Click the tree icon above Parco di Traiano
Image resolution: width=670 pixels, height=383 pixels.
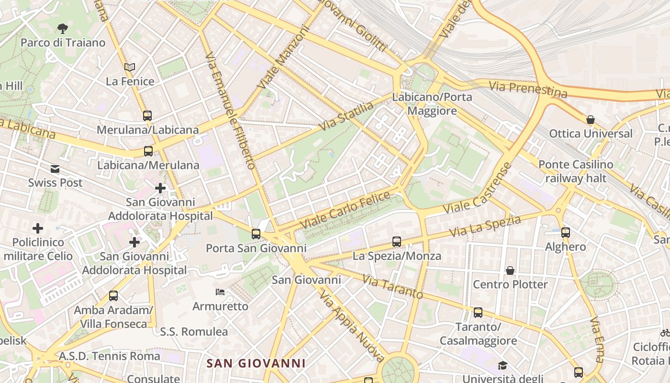pyautogui.click(x=62, y=28)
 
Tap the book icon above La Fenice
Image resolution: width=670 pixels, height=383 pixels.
pyautogui.click(x=130, y=67)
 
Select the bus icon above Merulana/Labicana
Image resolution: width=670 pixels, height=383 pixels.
pyautogui.click(x=147, y=115)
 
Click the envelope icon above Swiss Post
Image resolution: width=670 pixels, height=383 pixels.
pyautogui.click(x=55, y=169)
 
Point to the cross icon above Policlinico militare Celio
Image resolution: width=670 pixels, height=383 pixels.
pyautogui.click(x=37, y=228)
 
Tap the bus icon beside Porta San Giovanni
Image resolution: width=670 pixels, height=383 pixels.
pyautogui.click(x=256, y=234)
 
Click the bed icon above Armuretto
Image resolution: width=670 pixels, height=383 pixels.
pyautogui.click(x=220, y=292)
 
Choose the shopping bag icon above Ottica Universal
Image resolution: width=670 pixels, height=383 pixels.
pyautogui.click(x=591, y=120)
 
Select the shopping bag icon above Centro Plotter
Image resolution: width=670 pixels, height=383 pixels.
pyautogui.click(x=510, y=270)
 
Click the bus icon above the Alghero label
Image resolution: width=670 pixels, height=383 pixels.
pyautogui.click(x=566, y=233)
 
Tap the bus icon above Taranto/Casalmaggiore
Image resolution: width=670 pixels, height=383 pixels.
pyautogui.click(x=478, y=313)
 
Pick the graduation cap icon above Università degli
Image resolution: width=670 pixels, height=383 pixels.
pyautogui.click(x=502, y=365)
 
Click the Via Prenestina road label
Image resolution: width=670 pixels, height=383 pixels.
pyautogui.click(x=528, y=89)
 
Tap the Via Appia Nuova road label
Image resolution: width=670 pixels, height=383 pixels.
pyautogui.click(x=353, y=327)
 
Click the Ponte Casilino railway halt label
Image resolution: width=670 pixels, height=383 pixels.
pyautogui.click(x=576, y=171)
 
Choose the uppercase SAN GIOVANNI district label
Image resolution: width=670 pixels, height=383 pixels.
pyautogui.click(x=256, y=363)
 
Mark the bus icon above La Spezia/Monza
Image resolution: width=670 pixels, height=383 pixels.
pyautogui.click(x=397, y=242)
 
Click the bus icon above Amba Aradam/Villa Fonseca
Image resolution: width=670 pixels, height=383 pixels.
pyautogui.click(x=113, y=296)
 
